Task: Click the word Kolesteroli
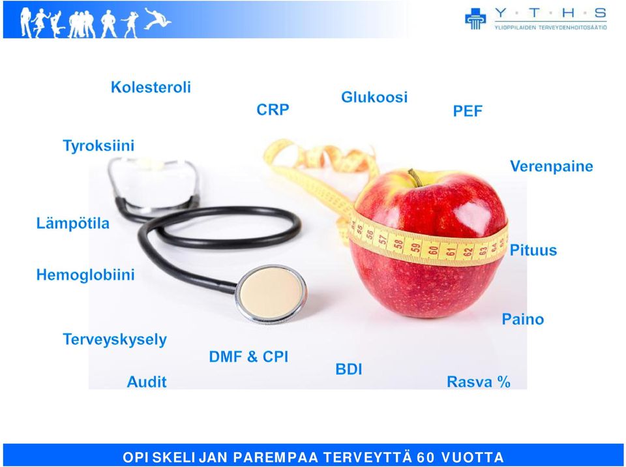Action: pyautogui.click(x=151, y=87)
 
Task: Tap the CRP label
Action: pyautogui.click(x=273, y=110)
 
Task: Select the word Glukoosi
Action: pyautogui.click(x=374, y=97)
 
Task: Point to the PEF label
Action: pyautogui.click(x=468, y=111)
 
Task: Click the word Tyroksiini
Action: pyautogui.click(x=98, y=146)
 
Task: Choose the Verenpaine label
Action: pyautogui.click(x=552, y=166)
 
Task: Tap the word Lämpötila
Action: pyautogui.click(x=72, y=223)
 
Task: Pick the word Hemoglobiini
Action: pyautogui.click(x=85, y=275)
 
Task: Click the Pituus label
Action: pyautogui.click(x=533, y=250)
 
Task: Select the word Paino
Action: pyautogui.click(x=522, y=319)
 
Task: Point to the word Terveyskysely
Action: pyautogui.click(x=115, y=340)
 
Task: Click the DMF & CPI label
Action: pyautogui.click(x=248, y=357)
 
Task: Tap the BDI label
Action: pyautogui.click(x=348, y=370)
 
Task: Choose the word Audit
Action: pyautogui.click(x=147, y=382)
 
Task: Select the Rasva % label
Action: pyautogui.click(x=478, y=382)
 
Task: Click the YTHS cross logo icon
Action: pyautogui.click(x=475, y=19)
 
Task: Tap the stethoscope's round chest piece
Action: pyautogui.click(x=271, y=294)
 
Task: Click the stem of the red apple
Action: pyautogui.click(x=415, y=178)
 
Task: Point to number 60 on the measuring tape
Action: pyautogui.click(x=433, y=250)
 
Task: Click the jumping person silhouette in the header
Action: pyautogui.click(x=157, y=18)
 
